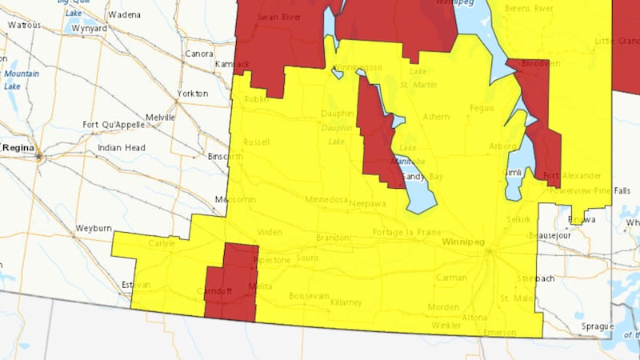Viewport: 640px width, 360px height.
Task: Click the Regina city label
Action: coord(18,148)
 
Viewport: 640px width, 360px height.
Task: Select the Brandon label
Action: coord(333,238)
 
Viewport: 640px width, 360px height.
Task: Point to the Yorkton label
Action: coord(192,94)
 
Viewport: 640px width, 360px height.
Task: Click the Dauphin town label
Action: coord(337,114)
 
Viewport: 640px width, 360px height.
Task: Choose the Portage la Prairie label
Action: coord(406,232)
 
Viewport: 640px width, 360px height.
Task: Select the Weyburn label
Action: coord(94,228)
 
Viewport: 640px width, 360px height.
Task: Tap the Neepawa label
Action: coord(368,203)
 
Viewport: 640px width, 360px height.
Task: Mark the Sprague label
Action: coord(597,326)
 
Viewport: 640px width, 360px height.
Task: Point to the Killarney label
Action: coord(346,302)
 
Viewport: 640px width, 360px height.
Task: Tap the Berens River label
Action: coord(530,9)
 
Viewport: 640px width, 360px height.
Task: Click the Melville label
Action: coord(160,117)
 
